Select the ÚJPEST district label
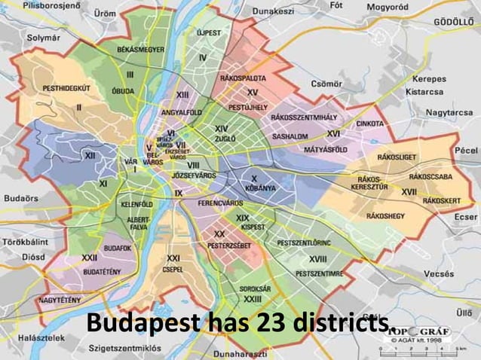pos(209,33)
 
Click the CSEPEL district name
pos(173,268)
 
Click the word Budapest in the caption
pos(141,323)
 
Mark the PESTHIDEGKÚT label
pos(66,88)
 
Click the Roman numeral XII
pos(90,155)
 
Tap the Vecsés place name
pos(439,274)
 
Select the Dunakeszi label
pos(273,11)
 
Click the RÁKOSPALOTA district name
pos(242,78)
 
